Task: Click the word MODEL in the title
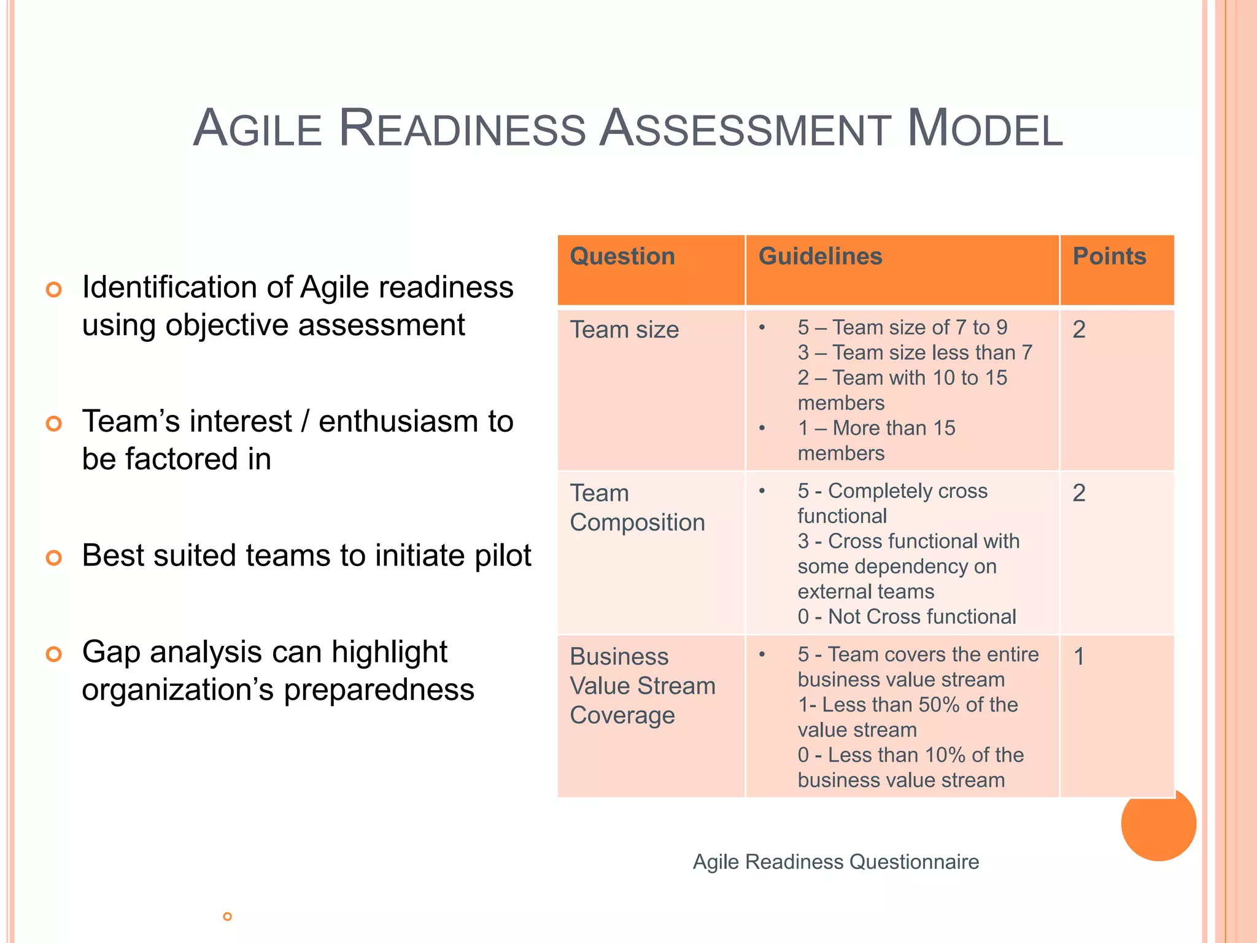click(984, 128)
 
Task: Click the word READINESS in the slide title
click(462, 128)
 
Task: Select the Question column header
click(622, 257)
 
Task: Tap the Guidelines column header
click(820, 257)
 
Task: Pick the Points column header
click(1109, 257)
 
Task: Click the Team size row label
click(624, 330)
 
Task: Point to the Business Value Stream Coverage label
click(642, 686)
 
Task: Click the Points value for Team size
click(1079, 330)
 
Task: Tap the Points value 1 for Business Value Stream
click(1079, 657)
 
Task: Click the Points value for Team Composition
click(1079, 493)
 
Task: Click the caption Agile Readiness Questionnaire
click(836, 862)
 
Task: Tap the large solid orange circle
click(1158, 824)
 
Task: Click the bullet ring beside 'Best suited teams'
click(54, 557)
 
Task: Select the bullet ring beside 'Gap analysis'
click(54, 654)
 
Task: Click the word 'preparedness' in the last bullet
click(379, 690)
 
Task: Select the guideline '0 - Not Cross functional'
click(907, 617)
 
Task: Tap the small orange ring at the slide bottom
click(227, 917)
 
